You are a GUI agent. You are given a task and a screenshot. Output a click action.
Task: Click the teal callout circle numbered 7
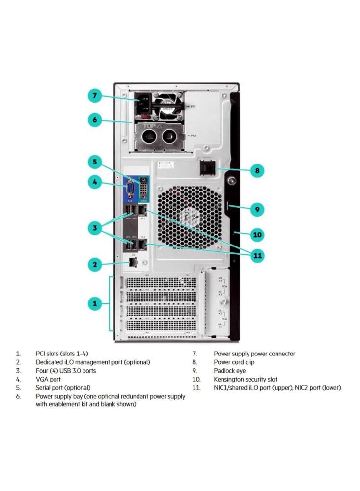(x=95, y=96)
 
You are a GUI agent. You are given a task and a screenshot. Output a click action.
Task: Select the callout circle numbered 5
(x=95, y=161)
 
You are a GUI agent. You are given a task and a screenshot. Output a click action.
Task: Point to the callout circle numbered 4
(x=95, y=182)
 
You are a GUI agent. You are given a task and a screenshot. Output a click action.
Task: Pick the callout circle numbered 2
(x=95, y=265)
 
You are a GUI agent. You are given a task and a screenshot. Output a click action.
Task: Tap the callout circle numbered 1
(x=95, y=303)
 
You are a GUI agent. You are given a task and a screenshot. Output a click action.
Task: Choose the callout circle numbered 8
(x=257, y=171)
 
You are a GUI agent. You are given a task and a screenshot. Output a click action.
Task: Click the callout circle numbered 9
(x=257, y=209)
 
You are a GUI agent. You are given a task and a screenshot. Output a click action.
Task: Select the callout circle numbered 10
(x=257, y=234)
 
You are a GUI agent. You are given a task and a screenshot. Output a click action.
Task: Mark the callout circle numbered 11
(x=257, y=255)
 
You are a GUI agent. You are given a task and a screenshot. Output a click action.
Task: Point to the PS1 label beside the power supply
(x=193, y=107)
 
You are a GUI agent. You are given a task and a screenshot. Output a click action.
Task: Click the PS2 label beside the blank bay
(x=193, y=136)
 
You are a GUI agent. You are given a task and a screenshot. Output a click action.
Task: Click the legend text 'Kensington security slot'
(x=245, y=380)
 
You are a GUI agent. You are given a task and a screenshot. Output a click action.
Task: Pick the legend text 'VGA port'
(x=48, y=380)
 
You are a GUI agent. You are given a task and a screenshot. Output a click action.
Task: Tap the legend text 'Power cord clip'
(x=234, y=362)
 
